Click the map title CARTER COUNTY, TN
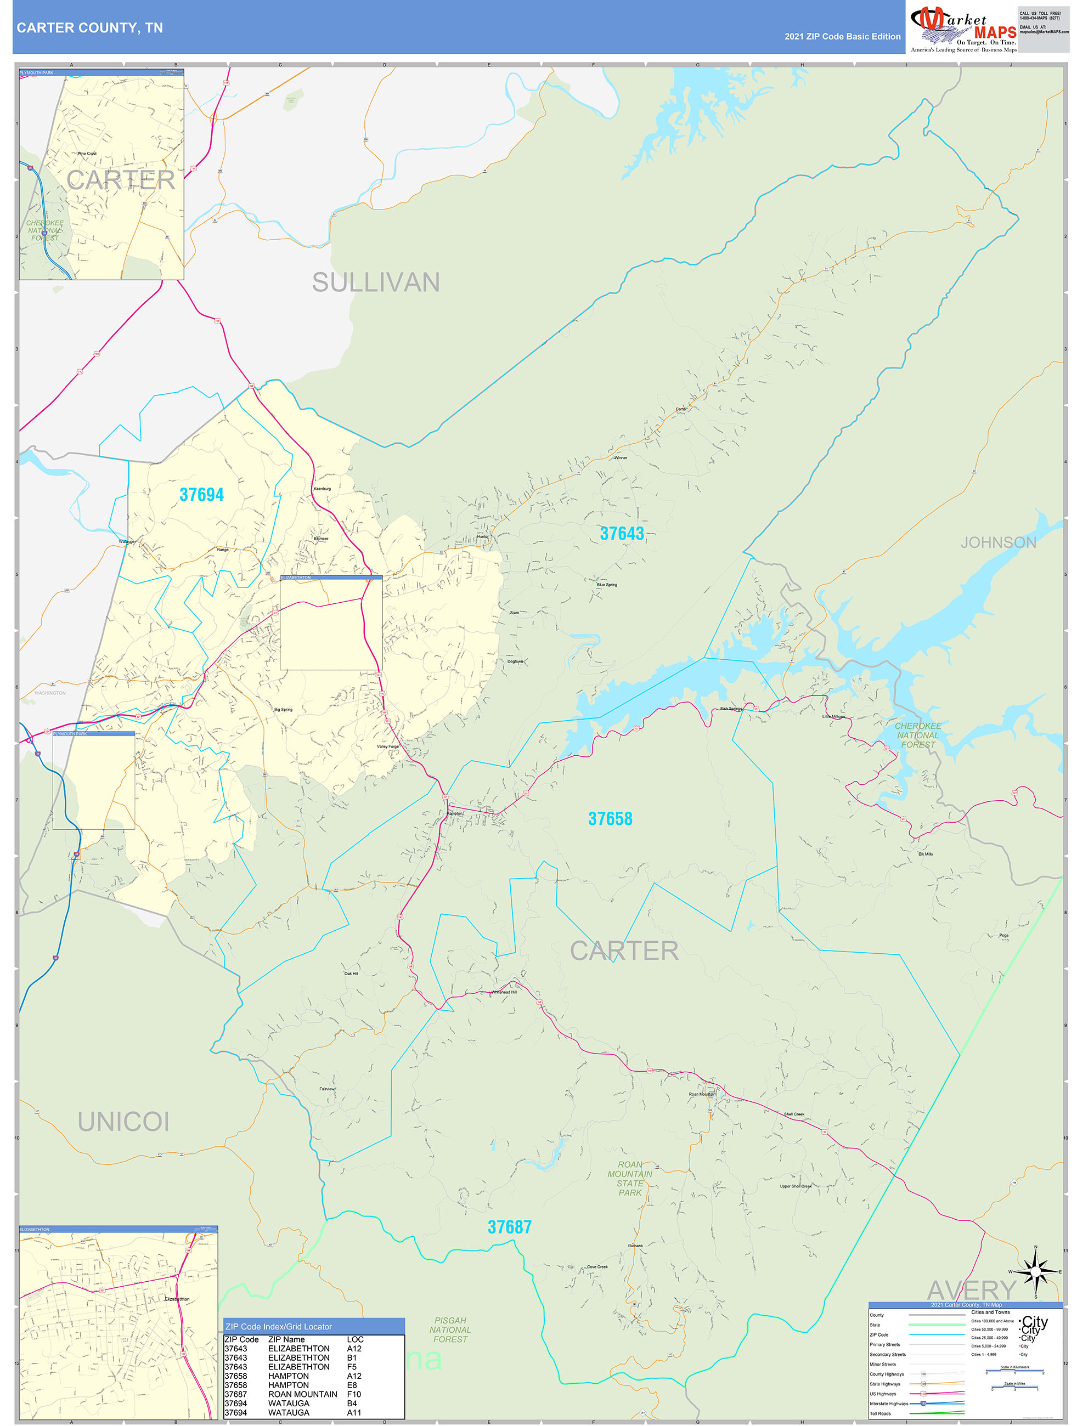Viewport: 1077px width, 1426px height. tap(89, 28)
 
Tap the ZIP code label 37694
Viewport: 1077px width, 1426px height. tap(201, 495)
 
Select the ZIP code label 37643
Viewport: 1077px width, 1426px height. tap(622, 533)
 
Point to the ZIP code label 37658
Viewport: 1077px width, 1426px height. tap(610, 819)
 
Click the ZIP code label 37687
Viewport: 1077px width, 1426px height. tap(510, 1227)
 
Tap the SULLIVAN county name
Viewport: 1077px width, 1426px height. tap(376, 282)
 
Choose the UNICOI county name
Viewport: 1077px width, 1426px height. tap(123, 1122)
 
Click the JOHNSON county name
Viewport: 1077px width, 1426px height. tap(999, 542)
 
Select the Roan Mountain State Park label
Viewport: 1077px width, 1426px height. tap(630, 1179)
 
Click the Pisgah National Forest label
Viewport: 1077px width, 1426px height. tap(450, 1329)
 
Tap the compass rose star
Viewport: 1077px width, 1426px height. tap(1036, 1272)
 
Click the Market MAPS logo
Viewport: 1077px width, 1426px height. tap(963, 29)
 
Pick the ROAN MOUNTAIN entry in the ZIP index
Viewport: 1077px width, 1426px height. tap(302, 1394)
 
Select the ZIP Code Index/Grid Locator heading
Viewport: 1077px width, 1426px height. tap(279, 1326)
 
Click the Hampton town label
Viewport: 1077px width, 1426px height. tap(455, 813)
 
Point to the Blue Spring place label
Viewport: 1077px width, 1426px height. tap(607, 585)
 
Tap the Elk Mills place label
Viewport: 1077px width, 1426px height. tap(926, 853)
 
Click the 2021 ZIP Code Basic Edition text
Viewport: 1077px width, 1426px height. tap(842, 36)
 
